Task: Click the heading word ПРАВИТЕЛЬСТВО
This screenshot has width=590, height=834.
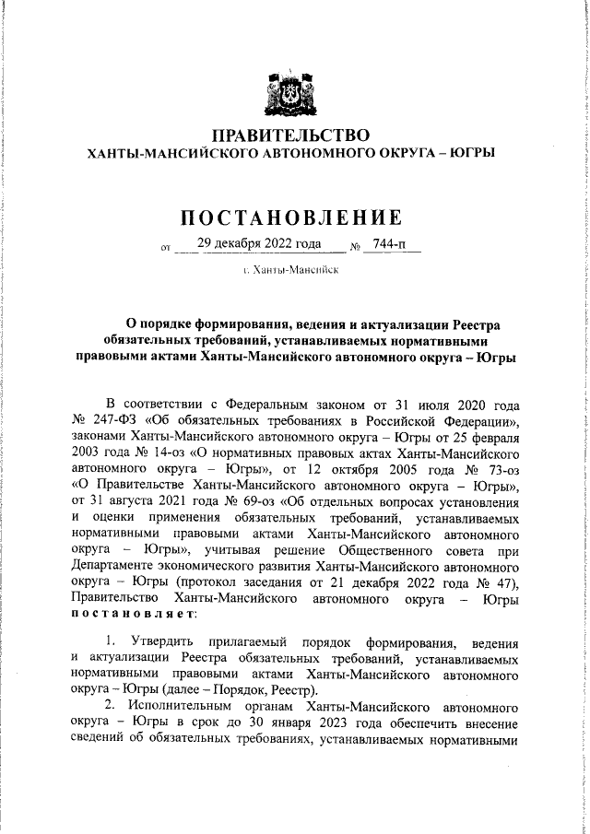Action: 291,136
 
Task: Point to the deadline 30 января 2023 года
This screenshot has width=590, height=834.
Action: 321,724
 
